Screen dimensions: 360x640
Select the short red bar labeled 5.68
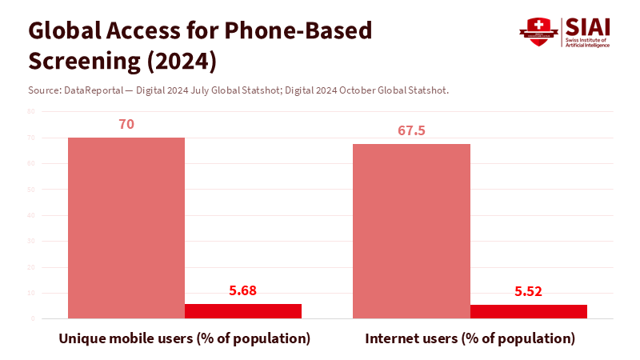243,311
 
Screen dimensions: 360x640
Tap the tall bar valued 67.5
411,231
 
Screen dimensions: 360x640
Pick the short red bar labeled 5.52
529,311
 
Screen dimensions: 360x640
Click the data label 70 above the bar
126,125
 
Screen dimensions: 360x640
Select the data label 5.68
243,291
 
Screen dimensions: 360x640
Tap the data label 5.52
529,292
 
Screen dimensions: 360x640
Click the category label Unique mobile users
185,338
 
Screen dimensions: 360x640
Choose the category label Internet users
470,338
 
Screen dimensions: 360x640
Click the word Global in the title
66,31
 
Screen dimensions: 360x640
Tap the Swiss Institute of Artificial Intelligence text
588,42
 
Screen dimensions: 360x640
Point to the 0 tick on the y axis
33,318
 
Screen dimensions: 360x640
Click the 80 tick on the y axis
30,112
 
